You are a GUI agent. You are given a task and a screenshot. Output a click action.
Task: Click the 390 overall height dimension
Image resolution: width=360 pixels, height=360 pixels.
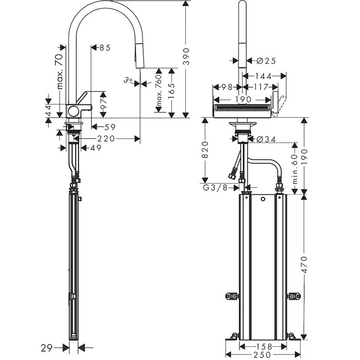click(x=186, y=56)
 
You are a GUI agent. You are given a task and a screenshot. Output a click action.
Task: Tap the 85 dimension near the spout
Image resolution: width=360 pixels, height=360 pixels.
click(x=104, y=48)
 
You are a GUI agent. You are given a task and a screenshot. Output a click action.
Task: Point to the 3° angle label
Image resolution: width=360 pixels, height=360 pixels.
click(x=127, y=80)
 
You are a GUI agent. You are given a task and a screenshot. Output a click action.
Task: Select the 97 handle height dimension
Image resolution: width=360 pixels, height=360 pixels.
click(x=103, y=104)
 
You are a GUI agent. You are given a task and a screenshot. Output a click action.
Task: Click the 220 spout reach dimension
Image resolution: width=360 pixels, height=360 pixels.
click(x=106, y=139)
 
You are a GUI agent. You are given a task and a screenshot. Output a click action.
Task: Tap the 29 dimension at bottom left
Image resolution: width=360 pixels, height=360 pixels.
click(x=47, y=347)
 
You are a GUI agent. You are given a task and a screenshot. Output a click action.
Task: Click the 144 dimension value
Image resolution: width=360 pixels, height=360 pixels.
click(x=263, y=76)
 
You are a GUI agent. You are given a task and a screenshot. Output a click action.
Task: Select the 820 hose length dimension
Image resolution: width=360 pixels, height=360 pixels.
click(x=206, y=150)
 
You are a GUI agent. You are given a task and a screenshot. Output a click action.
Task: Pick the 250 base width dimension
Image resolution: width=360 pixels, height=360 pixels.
click(x=263, y=355)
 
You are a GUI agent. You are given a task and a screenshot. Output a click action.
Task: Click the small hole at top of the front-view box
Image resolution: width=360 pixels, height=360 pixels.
click(x=263, y=200)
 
